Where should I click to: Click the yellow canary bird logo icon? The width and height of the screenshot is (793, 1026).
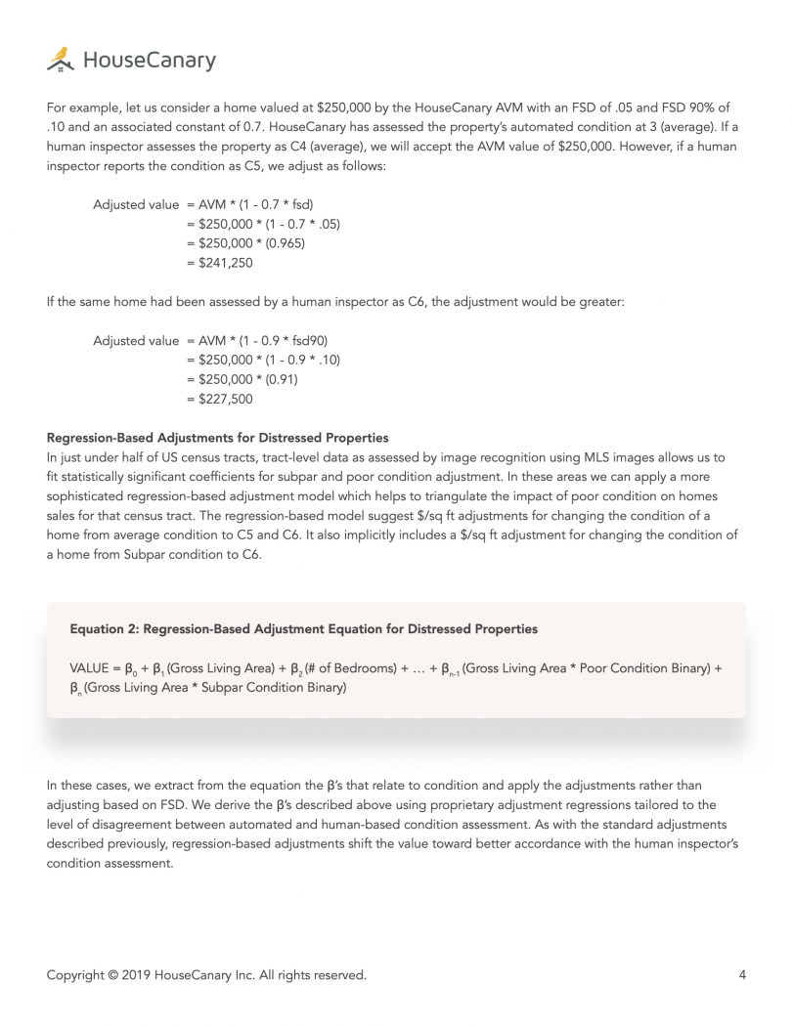tap(60, 60)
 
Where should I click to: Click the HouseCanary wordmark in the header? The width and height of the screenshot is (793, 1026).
tap(149, 61)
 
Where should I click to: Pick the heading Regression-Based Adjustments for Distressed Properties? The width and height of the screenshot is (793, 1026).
tap(217, 438)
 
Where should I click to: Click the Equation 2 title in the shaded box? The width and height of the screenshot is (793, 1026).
tap(303, 628)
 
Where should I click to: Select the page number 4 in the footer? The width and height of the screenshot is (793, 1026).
tap(742, 974)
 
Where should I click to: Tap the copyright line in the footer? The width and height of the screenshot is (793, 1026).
tap(206, 974)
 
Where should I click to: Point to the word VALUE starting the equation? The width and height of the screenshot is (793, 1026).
tap(89, 668)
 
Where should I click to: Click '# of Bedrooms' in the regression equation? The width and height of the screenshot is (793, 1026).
tap(338, 668)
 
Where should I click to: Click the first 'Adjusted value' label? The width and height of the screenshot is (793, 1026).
tap(136, 205)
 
